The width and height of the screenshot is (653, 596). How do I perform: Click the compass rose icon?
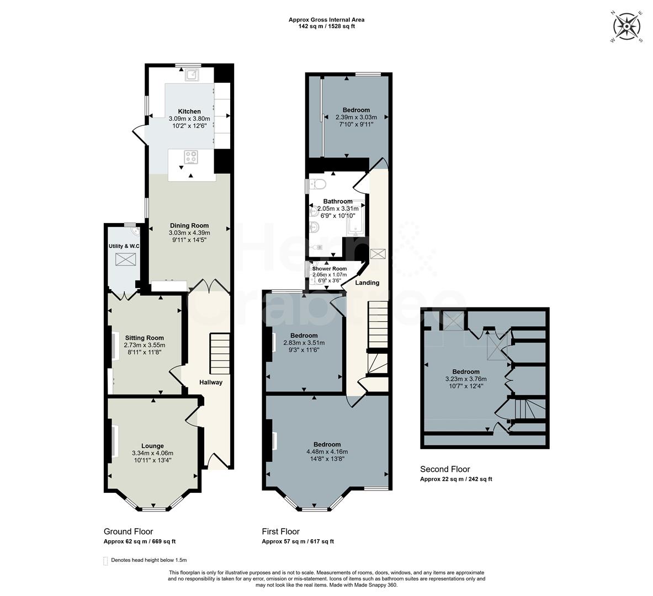[626, 26]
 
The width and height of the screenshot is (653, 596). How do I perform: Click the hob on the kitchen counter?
[191, 157]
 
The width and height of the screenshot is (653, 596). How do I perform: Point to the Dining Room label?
[189, 225]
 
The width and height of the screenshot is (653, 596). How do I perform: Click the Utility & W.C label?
[123, 246]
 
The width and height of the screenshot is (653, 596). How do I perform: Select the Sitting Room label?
[144, 338]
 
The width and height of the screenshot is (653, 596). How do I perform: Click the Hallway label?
[210, 382]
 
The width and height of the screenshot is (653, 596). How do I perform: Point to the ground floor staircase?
[219, 354]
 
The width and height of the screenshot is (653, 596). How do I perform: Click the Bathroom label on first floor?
[337, 201]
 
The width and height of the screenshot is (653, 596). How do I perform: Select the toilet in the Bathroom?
[319, 182]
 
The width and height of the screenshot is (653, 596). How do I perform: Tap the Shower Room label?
[330, 269]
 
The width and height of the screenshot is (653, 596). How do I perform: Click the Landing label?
[367, 283]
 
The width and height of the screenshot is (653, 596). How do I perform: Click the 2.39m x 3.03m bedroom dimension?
[356, 117]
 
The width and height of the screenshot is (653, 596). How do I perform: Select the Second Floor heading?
[445, 469]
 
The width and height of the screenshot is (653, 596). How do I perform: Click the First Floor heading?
[280, 531]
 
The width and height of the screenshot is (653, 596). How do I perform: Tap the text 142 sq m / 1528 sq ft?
[326, 26]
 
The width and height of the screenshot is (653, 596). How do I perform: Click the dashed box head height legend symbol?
[105, 561]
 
